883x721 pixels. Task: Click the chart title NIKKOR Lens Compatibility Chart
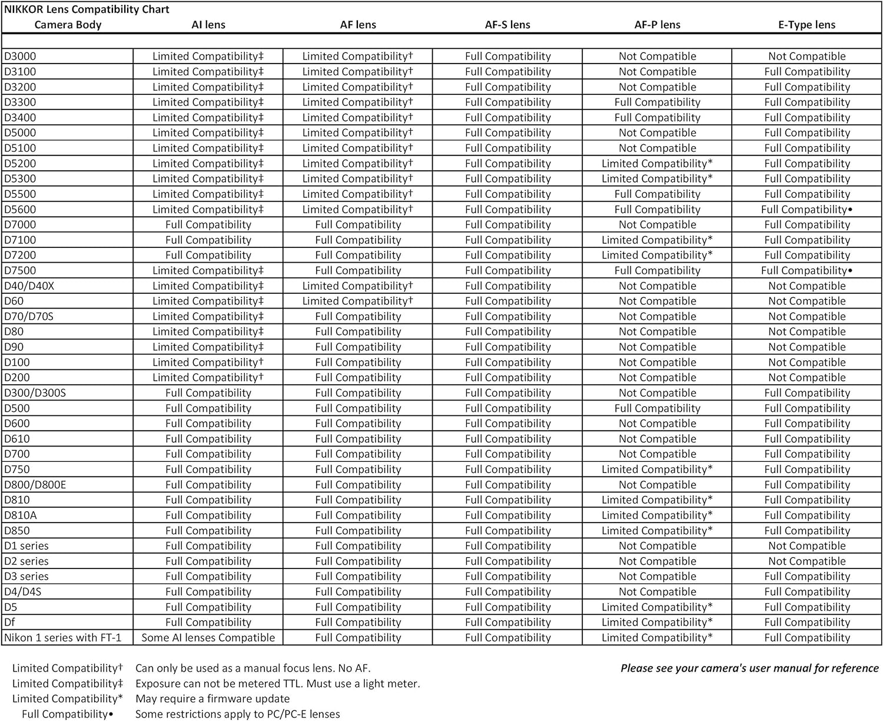pos(87,9)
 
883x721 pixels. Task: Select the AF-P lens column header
pos(657,25)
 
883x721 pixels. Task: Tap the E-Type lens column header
pos(806,25)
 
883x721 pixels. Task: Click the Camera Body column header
pos(68,25)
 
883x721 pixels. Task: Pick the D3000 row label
pos(20,57)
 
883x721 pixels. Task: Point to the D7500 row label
pos(20,271)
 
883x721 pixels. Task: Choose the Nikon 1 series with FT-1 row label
pos(63,638)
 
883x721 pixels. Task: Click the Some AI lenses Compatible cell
pos(208,638)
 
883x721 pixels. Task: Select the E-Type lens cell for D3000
pos(806,57)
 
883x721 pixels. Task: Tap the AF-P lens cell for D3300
pos(657,102)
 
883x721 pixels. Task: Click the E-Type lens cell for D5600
pos(806,210)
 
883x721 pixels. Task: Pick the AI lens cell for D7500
pos(208,271)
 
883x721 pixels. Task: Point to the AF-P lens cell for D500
pos(657,409)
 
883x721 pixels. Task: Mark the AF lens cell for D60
pos(358,302)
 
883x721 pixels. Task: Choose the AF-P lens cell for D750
pos(657,470)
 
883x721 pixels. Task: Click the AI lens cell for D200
pos(208,378)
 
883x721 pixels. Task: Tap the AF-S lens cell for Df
pos(507,623)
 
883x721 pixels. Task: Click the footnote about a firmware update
pos(213,699)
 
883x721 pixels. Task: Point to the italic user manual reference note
pos(749,669)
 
